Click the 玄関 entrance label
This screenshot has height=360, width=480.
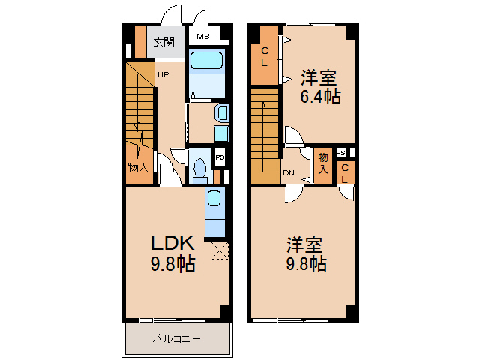pyautogui.click(x=164, y=43)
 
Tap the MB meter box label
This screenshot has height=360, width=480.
pyautogui.click(x=203, y=37)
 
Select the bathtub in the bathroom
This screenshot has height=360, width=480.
pyautogui.click(x=206, y=60)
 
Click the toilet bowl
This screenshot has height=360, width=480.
pyautogui.click(x=200, y=168)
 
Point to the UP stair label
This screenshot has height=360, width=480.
pyautogui.click(x=163, y=74)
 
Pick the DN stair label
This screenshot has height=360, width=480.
pyautogui.click(x=289, y=173)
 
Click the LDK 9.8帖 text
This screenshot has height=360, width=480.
pyautogui.click(x=173, y=253)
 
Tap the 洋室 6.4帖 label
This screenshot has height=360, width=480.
pyautogui.click(x=320, y=87)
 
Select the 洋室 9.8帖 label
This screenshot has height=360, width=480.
pyautogui.click(x=306, y=253)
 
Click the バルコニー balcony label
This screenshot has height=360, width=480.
pyautogui.click(x=177, y=339)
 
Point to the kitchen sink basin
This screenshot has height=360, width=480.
pyautogui.click(x=214, y=198)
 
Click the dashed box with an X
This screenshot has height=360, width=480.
pyautogui.click(x=220, y=250)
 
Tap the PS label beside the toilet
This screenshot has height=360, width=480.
pyautogui.click(x=220, y=157)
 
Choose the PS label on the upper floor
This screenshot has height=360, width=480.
pyautogui.click(x=341, y=153)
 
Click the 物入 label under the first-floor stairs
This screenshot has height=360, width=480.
pyautogui.click(x=138, y=168)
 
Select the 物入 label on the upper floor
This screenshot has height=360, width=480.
pyautogui.click(x=323, y=163)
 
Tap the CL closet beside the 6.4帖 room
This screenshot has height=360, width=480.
pyautogui.click(x=265, y=55)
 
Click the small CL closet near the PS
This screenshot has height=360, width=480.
pyautogui.click(x=345, y=173)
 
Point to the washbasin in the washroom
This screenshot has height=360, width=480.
pyautogui.click(x=223, y=112)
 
